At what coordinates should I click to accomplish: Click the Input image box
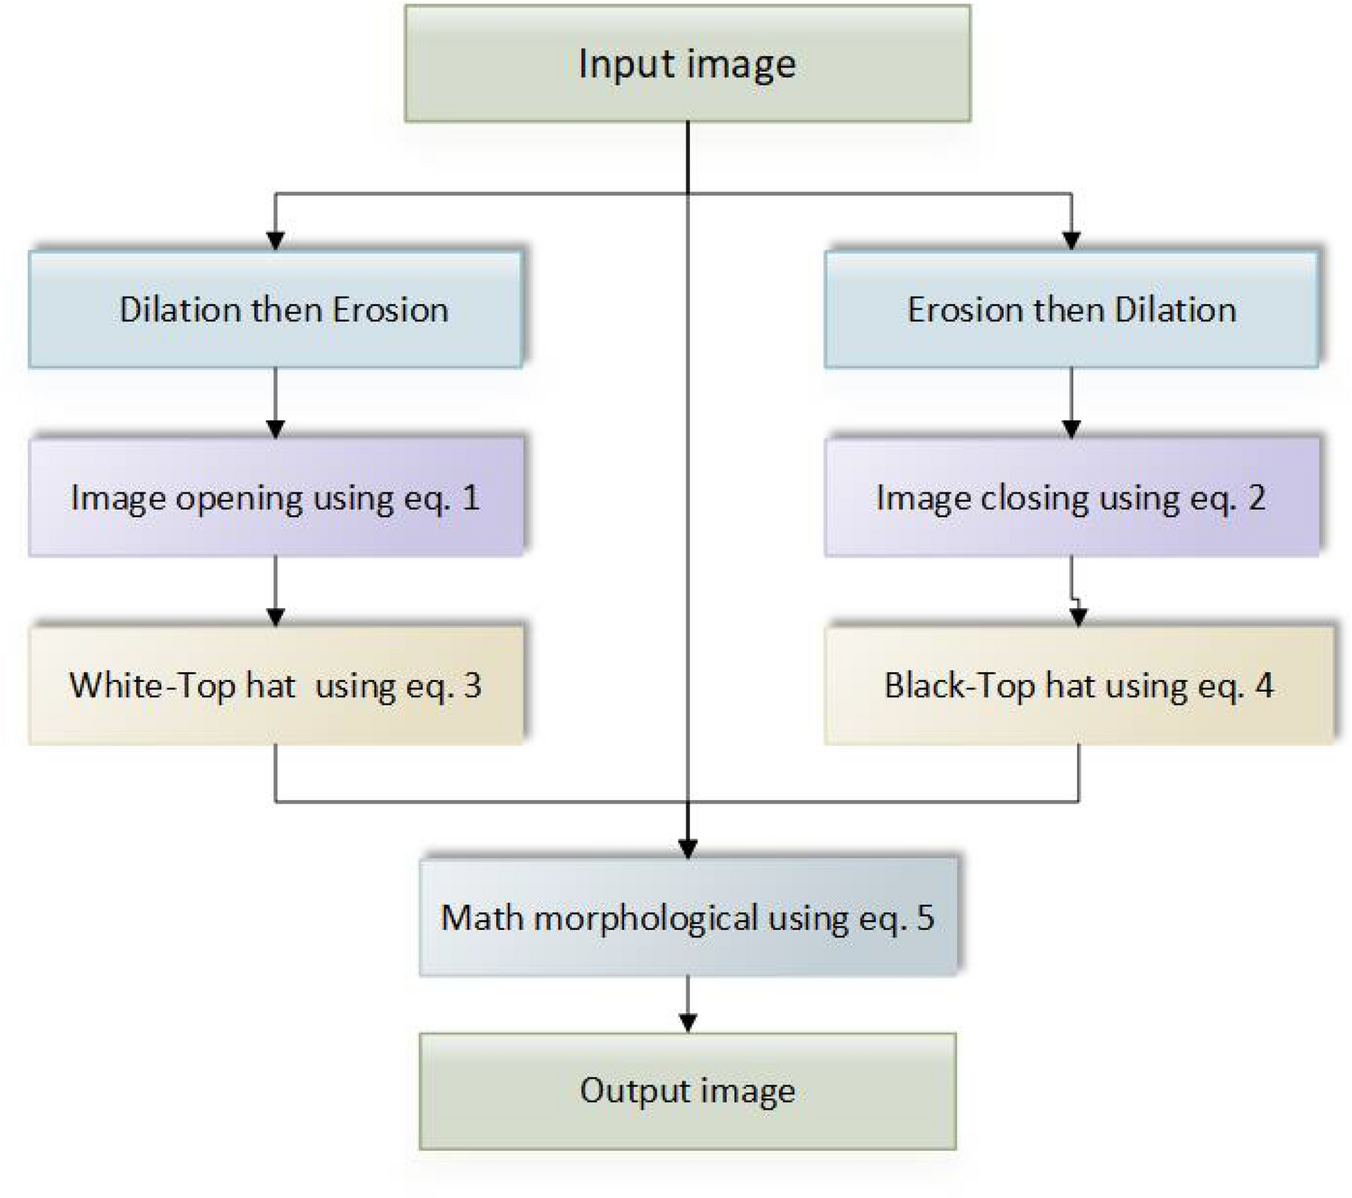[687, 63]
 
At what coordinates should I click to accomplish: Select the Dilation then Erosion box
[276, 309]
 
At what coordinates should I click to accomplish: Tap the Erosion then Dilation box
[1071, 309]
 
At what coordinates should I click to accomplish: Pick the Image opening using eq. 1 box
[276, 497]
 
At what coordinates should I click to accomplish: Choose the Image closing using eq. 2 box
[1071, 497]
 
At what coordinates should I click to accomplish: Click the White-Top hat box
[276, 686]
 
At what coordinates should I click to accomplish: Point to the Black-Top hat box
[1078, 686]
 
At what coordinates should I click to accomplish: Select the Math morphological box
[687, 917]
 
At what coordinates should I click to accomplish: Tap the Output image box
[687, 1091]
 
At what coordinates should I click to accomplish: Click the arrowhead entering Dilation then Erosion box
[276, 241]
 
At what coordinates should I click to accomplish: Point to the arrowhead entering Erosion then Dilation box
[1071, 241]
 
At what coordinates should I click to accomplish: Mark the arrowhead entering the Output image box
[688, 1023]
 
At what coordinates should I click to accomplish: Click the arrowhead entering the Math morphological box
[688, 849]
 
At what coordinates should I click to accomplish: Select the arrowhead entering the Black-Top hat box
[1079, 617]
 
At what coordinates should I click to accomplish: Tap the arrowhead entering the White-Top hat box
[276, 617]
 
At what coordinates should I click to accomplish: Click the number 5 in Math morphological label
[925, 917]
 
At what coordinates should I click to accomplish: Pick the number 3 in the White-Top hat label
[473, 686]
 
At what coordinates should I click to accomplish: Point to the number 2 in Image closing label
[1256, 497]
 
